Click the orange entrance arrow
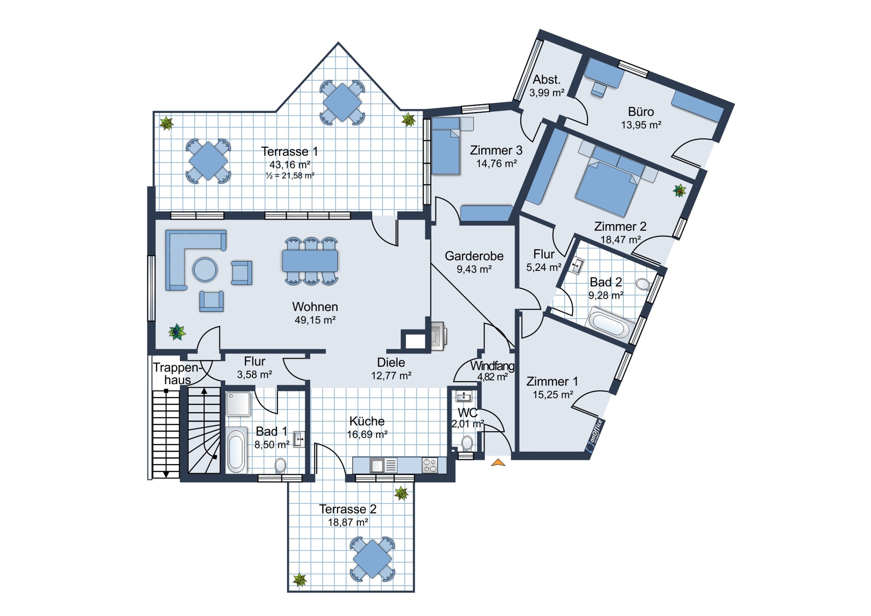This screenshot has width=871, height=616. (498, 463)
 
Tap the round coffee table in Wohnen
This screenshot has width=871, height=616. (205, 270)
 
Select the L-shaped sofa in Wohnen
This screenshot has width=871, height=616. (191, 254)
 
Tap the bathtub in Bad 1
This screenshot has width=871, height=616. (236, 450)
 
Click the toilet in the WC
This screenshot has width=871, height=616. (467, 442)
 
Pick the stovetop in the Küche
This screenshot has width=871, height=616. (430, 465)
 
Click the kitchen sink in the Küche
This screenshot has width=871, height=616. (384, 466)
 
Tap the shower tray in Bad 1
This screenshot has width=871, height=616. (238, 404)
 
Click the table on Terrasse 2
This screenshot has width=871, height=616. (372, 559)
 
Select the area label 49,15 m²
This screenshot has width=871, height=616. (315, 320)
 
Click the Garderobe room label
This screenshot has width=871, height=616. (474, 256)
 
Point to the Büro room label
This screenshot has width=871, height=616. (641, 112)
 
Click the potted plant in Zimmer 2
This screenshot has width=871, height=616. (680, 191)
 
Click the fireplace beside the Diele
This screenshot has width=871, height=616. (438, 336)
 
